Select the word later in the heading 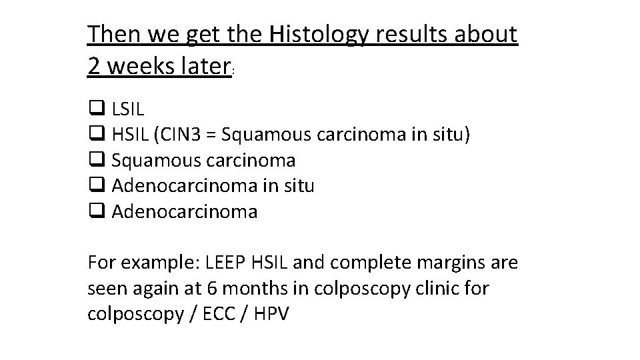[203, 65]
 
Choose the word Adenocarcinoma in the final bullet [185, 212]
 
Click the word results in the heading [412, 35]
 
